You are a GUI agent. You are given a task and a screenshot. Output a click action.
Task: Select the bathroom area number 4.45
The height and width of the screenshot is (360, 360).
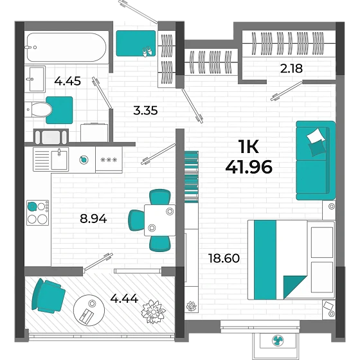click(x=67, y=81)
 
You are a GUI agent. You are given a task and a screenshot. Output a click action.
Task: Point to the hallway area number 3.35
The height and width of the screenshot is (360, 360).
click(x=145, y=110)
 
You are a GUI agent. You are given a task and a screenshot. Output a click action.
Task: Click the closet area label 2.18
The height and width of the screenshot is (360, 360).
click(x=289, y=68)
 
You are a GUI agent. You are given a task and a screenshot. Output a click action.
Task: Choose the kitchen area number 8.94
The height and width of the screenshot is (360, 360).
click(x=94, y=218)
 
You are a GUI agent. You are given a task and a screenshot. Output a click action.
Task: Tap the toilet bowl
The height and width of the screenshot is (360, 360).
click(x=40, y=109)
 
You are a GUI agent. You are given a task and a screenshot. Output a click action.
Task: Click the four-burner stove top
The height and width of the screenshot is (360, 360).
click(x=37, y=213)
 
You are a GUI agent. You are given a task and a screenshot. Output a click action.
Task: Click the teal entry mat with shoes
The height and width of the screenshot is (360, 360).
click(x=136, y=44)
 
